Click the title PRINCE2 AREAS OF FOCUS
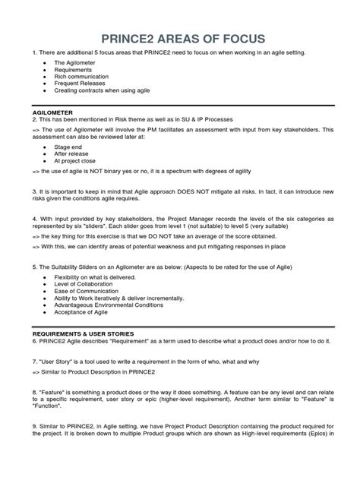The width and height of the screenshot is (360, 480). point(180,39)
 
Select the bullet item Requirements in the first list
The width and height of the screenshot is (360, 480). point(75,70)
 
